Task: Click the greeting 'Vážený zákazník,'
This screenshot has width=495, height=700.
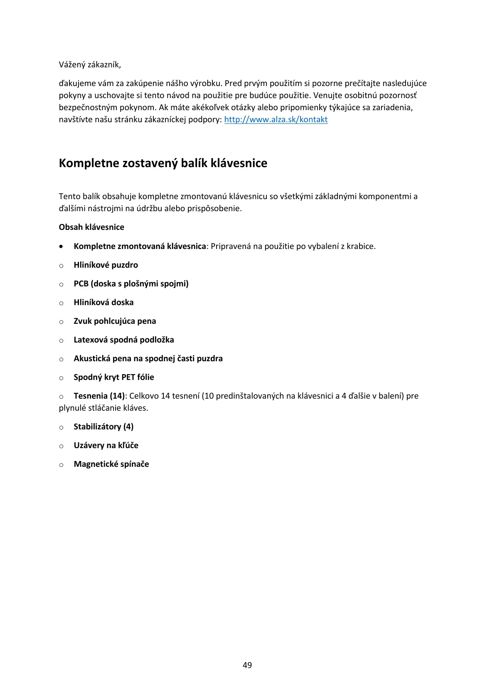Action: (90, 65)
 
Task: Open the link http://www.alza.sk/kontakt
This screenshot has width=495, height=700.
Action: (276, 120)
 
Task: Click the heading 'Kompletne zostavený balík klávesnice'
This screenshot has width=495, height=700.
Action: (163, 163)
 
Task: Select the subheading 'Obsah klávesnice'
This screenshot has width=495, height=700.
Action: (91, 227)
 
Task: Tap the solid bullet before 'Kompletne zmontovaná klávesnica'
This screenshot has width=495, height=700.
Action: (62, 246)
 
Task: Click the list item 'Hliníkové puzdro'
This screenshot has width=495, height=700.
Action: (106, 265)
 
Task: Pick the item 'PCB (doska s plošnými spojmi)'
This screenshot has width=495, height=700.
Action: (131, 284)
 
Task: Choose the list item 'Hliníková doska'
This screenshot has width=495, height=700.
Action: (103, 303)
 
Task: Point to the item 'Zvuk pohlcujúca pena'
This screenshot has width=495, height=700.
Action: (115, 321)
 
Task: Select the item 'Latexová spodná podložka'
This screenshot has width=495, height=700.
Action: (124, 340)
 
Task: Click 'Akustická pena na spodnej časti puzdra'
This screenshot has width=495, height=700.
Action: (148, 359)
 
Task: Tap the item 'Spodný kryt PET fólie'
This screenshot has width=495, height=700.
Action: (114, 377)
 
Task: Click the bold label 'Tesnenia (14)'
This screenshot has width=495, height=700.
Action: (99, 396)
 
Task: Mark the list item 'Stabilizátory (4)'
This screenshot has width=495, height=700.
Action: (103, 427)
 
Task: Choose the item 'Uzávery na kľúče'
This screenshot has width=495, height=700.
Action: (106, 446)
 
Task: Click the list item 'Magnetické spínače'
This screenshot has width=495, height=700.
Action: (111, 464)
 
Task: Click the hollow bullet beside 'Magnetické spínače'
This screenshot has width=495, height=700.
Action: (62, 465)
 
